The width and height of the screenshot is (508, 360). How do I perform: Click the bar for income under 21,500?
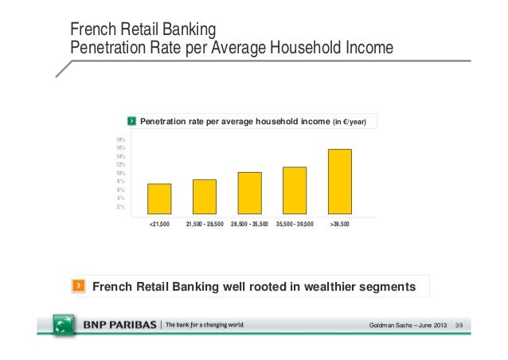pos(159,200)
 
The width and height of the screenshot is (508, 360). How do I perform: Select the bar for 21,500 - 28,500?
pos(205,198)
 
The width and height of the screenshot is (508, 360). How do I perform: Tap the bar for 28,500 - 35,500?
pos(249,194)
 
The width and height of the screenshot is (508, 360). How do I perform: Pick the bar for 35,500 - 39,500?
pos(295,191)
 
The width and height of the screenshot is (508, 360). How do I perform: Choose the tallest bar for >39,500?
pos(340,182)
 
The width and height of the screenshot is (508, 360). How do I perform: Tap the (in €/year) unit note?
pos(348,121)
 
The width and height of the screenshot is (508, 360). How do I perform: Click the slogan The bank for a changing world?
pos(205,326)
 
